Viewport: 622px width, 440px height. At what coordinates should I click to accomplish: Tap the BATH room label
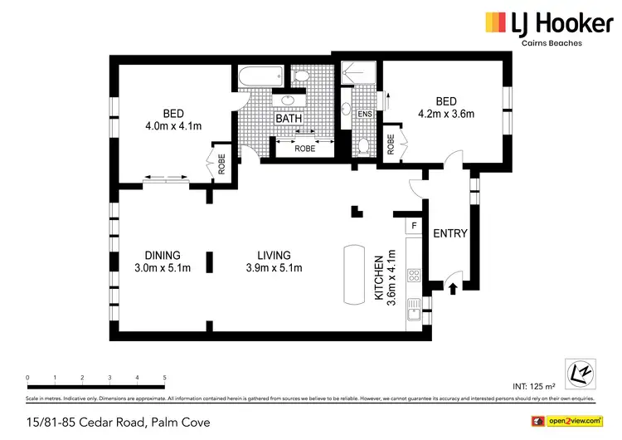coord(289,119)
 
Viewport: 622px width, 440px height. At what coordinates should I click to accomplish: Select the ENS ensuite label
coord(365,114)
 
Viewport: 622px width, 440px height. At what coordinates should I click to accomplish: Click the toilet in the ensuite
coord(363,147)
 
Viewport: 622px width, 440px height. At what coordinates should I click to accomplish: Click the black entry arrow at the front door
coord(453,289)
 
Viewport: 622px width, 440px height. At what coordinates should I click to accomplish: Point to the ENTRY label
coord(450,233)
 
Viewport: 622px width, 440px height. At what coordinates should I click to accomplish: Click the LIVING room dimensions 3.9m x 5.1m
coord(274,267)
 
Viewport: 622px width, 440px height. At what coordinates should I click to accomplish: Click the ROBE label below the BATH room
coord(304,150)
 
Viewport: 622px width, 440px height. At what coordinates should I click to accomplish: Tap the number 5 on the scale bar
coord(165,378)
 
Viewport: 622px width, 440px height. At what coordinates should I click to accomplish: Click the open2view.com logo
coord(571,421)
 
